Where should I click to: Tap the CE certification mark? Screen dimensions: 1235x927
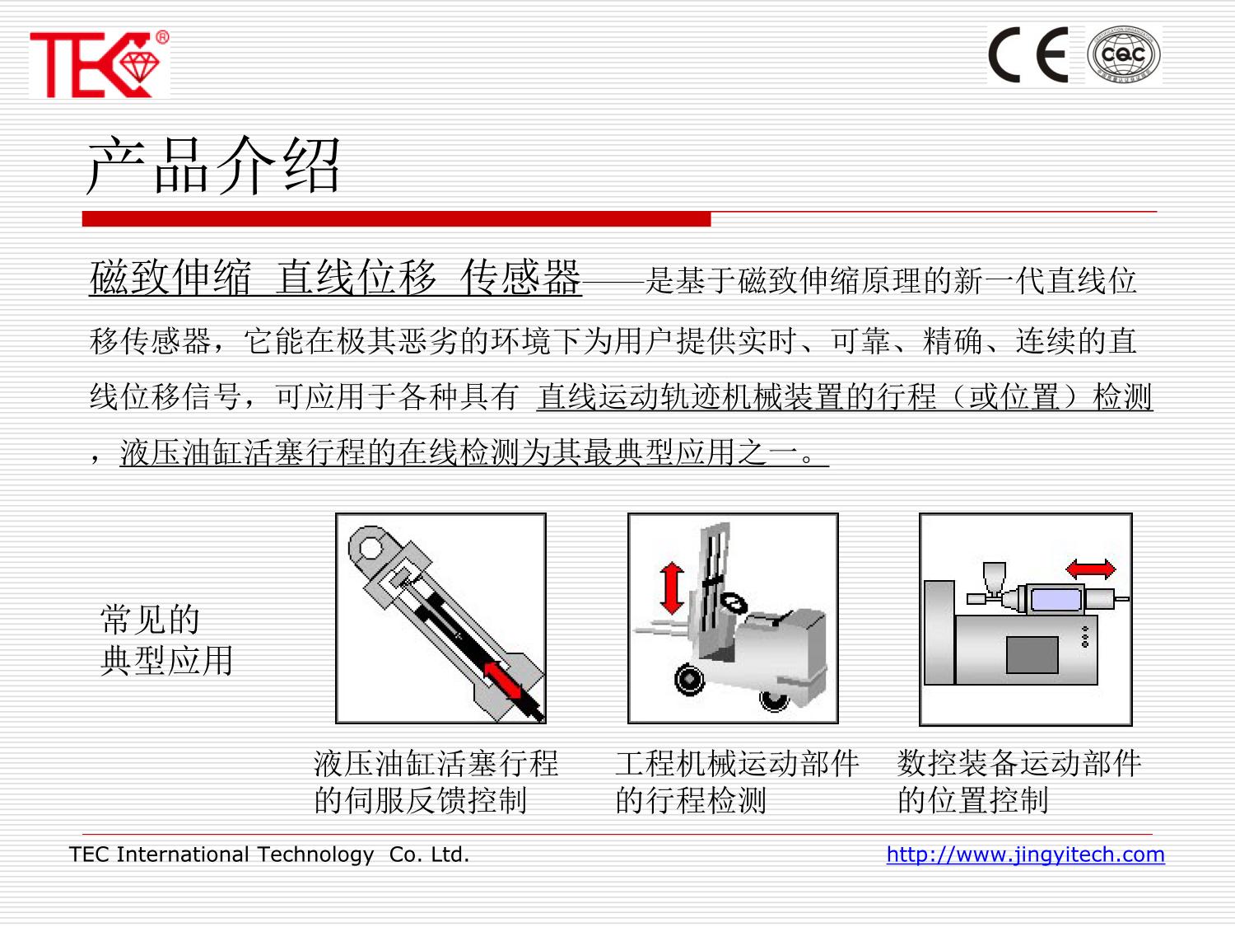point(1028,55)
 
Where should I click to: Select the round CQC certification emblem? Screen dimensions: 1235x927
point(1124,55)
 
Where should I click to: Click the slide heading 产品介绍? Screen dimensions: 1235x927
point(213,165)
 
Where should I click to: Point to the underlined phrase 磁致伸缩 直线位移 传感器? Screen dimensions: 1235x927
point(335,278)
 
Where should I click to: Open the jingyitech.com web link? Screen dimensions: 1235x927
point(1025,854)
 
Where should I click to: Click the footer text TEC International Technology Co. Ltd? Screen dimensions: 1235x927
point(269,854)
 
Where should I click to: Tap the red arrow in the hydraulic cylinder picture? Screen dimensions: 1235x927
point(503,680)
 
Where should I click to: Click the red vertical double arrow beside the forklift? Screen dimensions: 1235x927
point(671,588)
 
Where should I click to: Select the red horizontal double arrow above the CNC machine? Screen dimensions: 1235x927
point(1090,569)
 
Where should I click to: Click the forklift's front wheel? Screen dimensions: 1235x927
point(689,679)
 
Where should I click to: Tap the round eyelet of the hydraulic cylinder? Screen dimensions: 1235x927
point(370,545)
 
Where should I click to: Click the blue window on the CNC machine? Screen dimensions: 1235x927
point(1056,598)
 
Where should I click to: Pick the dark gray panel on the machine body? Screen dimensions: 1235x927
point(1032,654)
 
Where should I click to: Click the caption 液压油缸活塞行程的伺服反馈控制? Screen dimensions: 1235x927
point(436,782)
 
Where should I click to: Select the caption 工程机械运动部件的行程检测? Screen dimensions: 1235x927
point(737,782)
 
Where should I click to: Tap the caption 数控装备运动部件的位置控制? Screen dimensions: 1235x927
point(1019,782)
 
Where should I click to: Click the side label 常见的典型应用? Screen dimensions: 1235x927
point(166,640)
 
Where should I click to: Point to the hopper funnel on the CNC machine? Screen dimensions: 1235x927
point(994,578)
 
